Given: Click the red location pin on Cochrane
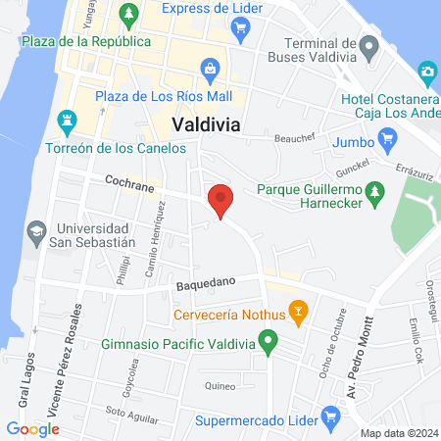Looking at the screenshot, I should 220,201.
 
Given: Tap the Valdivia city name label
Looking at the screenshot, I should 208,124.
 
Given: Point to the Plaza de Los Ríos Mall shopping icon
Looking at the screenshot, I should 209,70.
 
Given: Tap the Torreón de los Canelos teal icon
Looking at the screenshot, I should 67,122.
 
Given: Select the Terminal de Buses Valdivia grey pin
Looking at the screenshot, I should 368,46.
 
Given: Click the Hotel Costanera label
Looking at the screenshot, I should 388,99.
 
